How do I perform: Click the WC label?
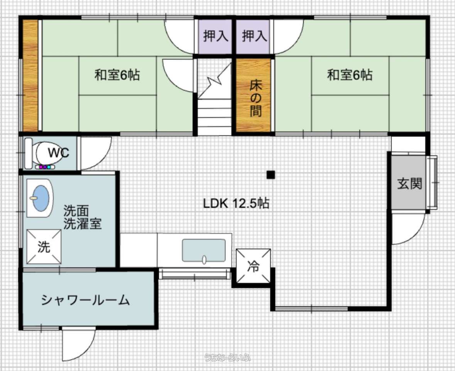point(59,152)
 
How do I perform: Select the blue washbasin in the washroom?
point(41,198)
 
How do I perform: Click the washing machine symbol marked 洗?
point(44,247)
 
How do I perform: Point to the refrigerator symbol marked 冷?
point(253,266)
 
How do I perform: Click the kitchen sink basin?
point(204,250)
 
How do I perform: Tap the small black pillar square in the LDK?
point(271,175)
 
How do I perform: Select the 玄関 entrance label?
point(409,183)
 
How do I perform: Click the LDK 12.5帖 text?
point(236,203)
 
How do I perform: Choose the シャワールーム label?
point(85,300)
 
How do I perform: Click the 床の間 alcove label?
point(255,98)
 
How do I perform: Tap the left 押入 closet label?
point(215,36)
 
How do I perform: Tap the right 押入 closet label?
point(254,36)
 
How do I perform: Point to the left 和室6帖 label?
point(117,75)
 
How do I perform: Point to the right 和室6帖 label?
point(350,75)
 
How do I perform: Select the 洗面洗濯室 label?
point(83,217)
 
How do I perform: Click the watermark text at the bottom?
point(227,357)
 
